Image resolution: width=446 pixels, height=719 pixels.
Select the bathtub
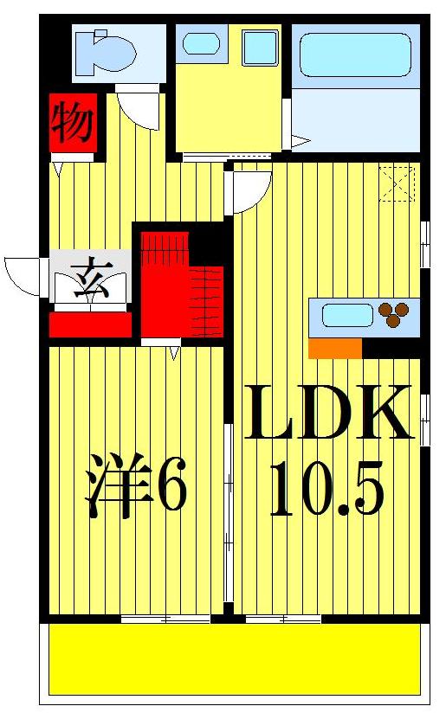(353, 55)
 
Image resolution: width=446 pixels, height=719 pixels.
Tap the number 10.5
(326, 489)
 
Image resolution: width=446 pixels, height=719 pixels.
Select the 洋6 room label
(136, 488)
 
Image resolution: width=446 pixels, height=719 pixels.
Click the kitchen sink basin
(347, 315)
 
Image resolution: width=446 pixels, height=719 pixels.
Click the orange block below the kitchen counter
(334, 348)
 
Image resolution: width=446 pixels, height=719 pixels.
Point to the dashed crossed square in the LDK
(398, 183)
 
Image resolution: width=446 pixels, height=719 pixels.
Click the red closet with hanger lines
(183, 281)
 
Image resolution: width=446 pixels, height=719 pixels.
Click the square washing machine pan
(260, 48)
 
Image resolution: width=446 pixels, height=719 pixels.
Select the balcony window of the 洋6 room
(165, 618)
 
